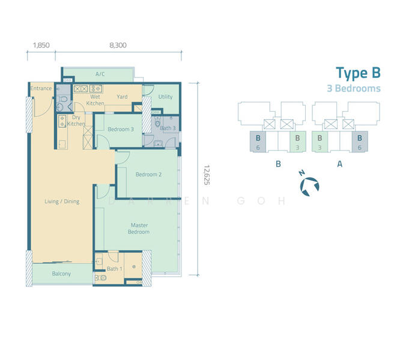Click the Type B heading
click(x=357, y=73)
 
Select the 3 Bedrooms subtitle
click(x=353, y=88)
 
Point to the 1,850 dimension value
click(x=41, y=45)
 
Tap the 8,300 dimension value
click(x=118, y=45)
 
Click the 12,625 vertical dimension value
click(x=207, y=175)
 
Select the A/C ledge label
click(x=100, y=74)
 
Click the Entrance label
click(x=41, y=89)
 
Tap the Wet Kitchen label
click(x=95, y=100)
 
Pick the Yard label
click(x=122, y=97)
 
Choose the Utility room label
click(x=165, y=97)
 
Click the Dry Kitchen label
click(x=76, y=121)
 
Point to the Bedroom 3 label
click(x=121, y=130)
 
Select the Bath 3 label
click(x=168, y=128)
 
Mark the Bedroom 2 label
click(x=148, y=175)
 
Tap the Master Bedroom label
click(x=140, y=229)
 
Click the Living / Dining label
click(x=62, y=202)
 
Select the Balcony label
click(x=61, y=274)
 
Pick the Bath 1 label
click(x=114, y=268)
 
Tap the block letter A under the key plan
click(x=340, y=163)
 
